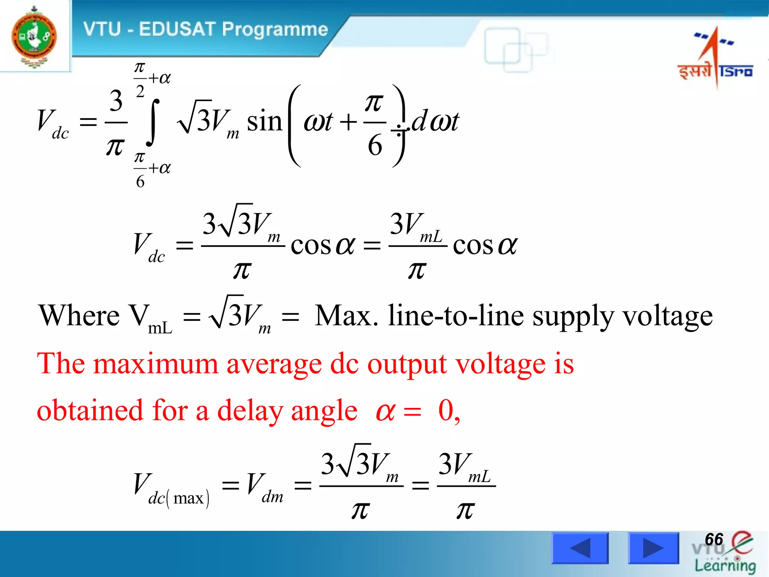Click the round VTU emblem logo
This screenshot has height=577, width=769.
[35, 37]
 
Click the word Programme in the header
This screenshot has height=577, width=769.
[275, 29]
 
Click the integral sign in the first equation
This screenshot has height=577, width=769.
[153, 122]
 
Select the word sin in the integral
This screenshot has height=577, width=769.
[264, 122]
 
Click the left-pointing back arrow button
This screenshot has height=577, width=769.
[580, 548]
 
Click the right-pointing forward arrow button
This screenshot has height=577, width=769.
[653, 548]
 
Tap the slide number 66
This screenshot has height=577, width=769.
[714, 539]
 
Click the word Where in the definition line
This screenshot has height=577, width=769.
[79, 316]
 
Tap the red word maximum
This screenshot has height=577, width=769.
[155, 364]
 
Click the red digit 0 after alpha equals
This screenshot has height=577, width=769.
[446, 410]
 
